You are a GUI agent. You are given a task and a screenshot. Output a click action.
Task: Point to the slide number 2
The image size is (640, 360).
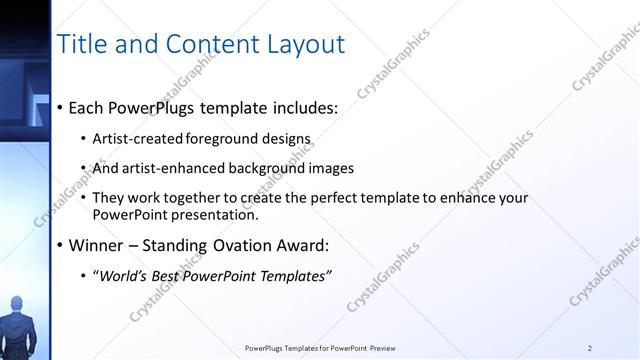pyautogui.click(x=590, y=348)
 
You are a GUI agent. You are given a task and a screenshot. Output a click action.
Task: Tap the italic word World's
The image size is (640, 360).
pyautogui.click(x=120, y=275)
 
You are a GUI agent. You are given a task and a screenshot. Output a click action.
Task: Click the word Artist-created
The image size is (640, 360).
pyautogui.click(x=134, y=138)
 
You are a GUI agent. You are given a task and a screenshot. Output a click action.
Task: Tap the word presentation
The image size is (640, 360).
pyautogui.click(x=214, y=214)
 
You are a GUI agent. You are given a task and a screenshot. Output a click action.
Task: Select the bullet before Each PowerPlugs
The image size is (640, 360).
pyautogui.click(x=60, y=107)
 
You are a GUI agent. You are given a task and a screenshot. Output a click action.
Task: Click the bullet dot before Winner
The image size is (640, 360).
pyautogui.click(x=60, y=245)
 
